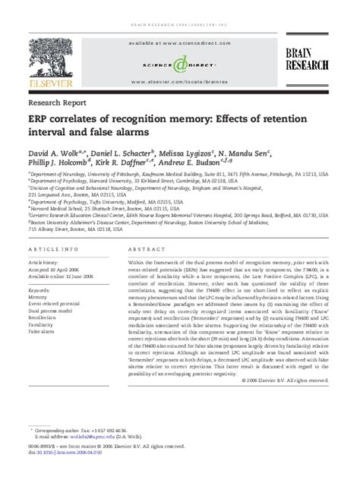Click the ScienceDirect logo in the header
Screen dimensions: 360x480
click(180, 65)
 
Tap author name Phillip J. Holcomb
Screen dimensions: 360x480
click(60, 163)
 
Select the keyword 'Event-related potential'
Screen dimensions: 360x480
click(53, 305)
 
